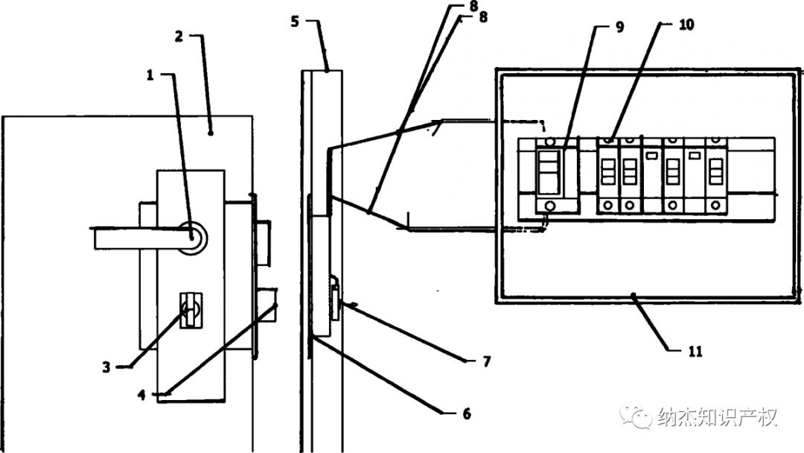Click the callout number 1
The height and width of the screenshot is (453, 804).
pyautogui.click(x=150, y=75)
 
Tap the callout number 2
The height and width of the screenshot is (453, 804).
pyautogui.click(x=179, y=37)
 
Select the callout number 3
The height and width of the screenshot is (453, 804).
pyautogui.click(x=106, y=367)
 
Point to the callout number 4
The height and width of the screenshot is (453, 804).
pyautogui.click(x=141, y=395)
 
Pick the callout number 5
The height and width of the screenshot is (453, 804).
pyautogui.click(x=294, y=22)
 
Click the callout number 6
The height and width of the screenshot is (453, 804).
pyautogui.click(x=467, y=414)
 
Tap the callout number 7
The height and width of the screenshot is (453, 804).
pyautogui.click(x=487, y=361)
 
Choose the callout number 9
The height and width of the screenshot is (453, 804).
pyautogui.click(x=620, y=27)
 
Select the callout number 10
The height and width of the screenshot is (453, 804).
pyautogui.click(x=686, y=24)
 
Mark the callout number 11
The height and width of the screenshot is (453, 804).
pyautogui.click(x=695, y=351)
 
